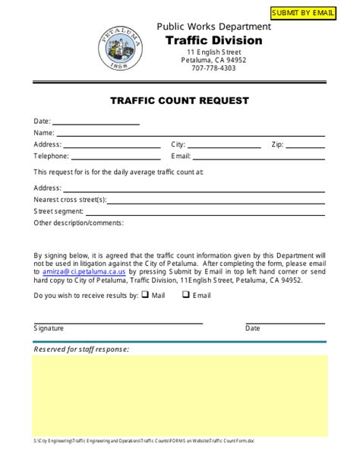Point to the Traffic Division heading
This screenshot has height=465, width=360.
point(213,40)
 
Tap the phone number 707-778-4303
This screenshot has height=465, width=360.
point(213,68)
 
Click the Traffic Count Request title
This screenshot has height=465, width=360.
point(180,100)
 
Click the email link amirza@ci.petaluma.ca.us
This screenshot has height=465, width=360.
point(84,270)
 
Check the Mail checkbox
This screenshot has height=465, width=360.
point(144,295)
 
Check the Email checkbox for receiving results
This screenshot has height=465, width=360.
point(185,295)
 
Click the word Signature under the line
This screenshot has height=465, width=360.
point(49,329)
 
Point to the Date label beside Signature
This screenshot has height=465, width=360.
point(252,329)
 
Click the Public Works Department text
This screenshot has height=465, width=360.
point(213,27)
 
